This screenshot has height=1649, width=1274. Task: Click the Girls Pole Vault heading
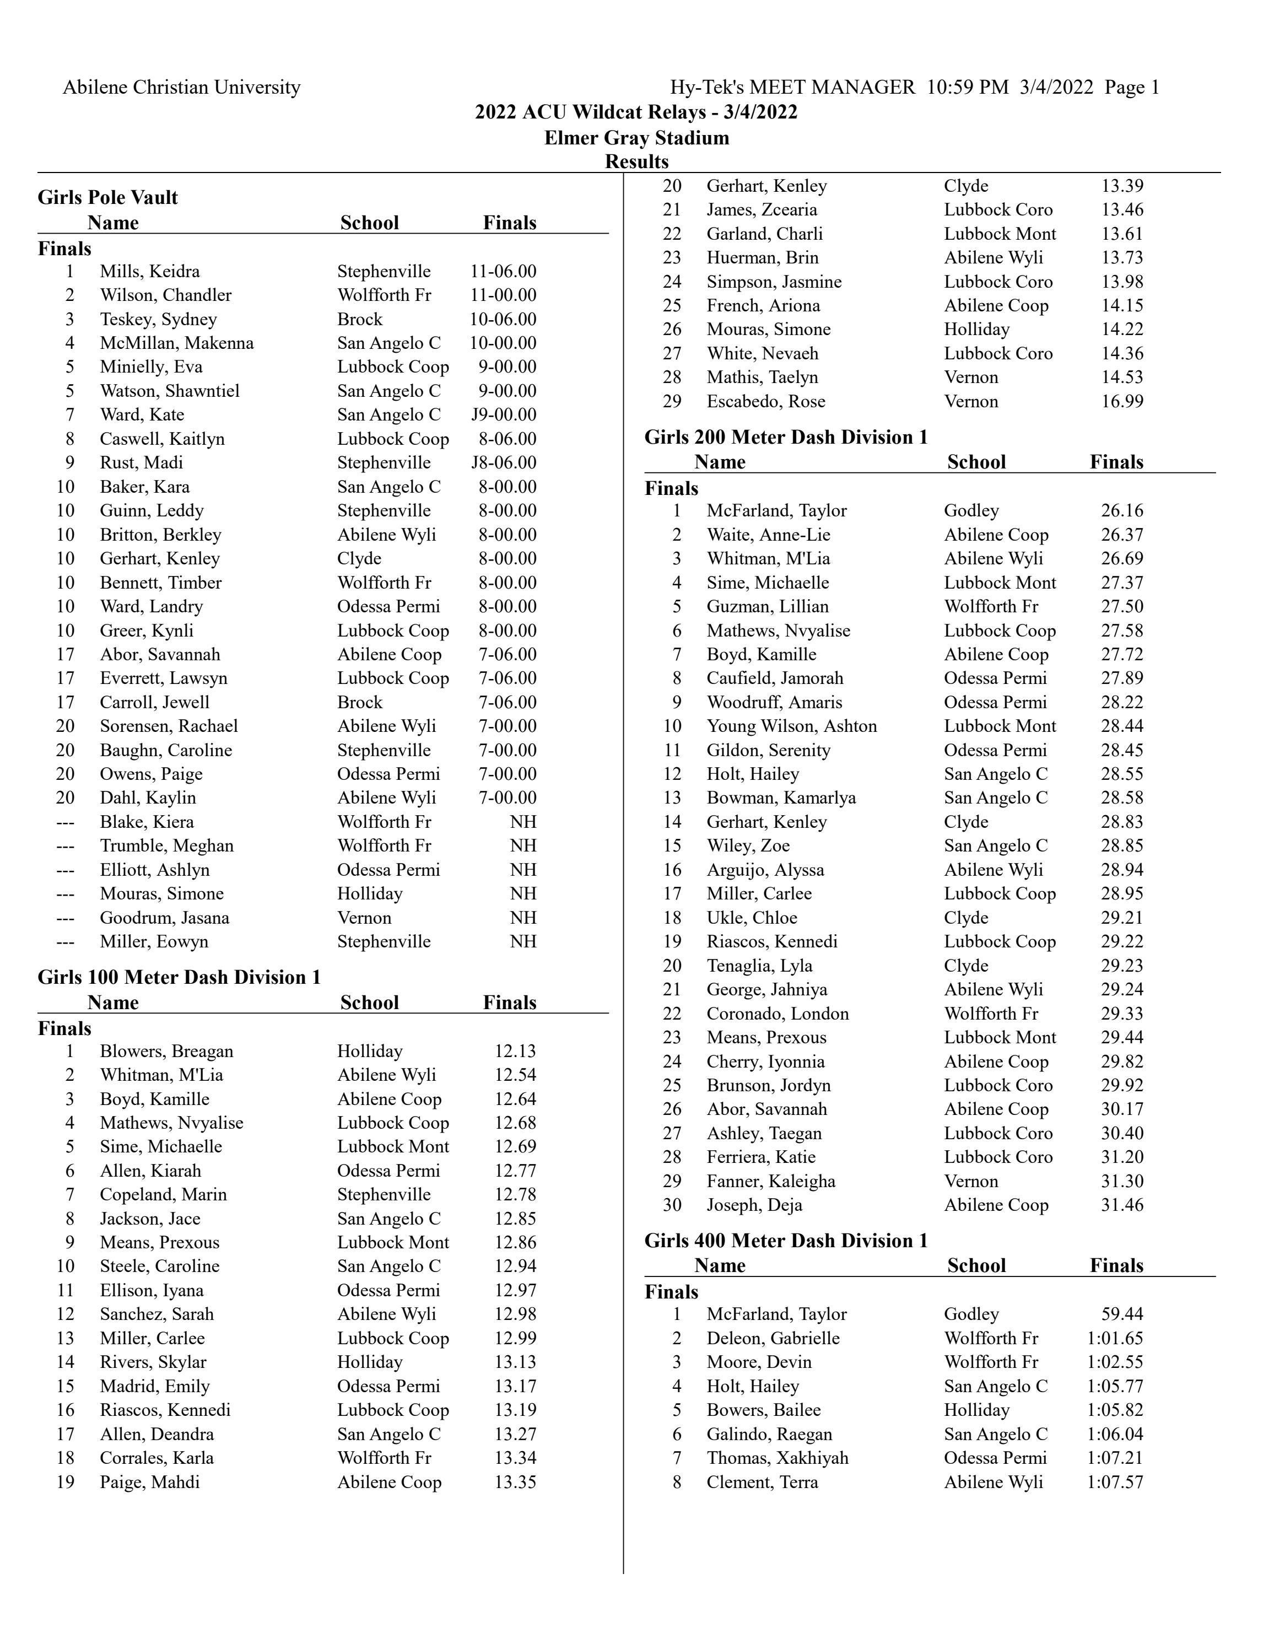[x=108, y=198]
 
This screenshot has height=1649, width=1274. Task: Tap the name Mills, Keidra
[x=149, y=271]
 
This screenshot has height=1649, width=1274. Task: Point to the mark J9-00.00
[x=504, y=414]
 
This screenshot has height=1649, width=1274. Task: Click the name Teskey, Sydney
[x=158, y=319]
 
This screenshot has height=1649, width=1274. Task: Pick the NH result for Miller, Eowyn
[x=522, y=941]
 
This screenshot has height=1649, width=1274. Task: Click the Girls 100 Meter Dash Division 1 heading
[x=180, y=978]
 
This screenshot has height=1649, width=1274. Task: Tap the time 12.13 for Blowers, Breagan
[x=515, y=1051]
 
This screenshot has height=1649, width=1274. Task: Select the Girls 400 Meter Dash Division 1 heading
[x=786, y=1241]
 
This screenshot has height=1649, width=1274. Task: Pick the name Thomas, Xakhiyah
[x=778, y=1458]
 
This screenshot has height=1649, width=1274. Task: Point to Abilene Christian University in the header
[x=181, y=88]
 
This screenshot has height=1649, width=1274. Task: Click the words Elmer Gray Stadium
[x=636, y=138]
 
